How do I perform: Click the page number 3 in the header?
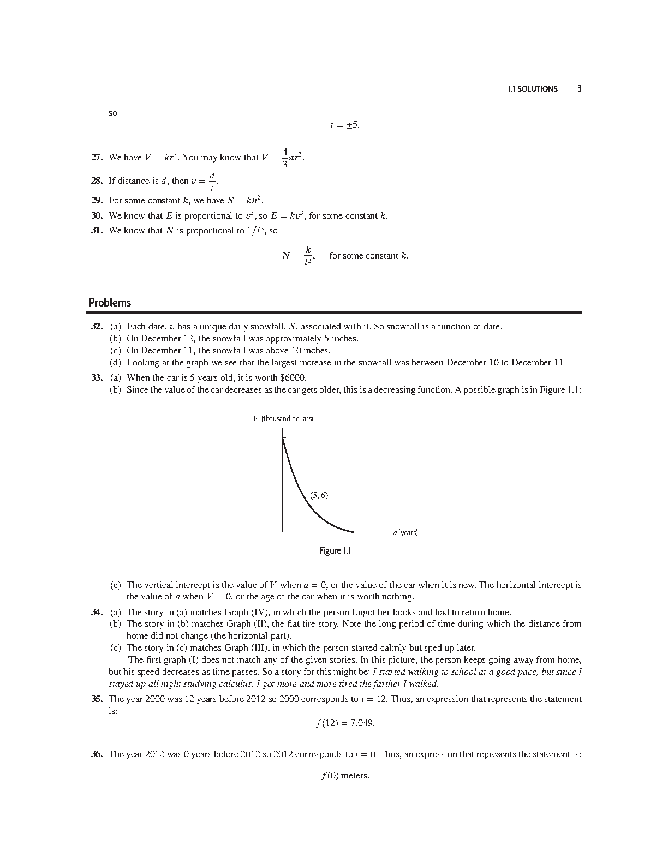pyautogui.click(x=580, y=88)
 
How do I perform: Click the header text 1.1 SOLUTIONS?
pyautogui.click(x=532, y=89)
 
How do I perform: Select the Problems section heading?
pyautogui.click(x=110, y=303)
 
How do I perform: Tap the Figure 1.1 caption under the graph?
pyautogui.click(x=335, y=550)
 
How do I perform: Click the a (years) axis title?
pyautogui.click(x=405, y=532)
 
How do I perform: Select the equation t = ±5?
pyautogui.click(x=345, y=125)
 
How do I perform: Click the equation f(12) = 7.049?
pyautogui.click(x=345, y=723)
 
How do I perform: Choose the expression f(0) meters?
pyautogui.click(x=345, y=776)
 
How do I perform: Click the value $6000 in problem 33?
pyautogui.click(x=293, y=377)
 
